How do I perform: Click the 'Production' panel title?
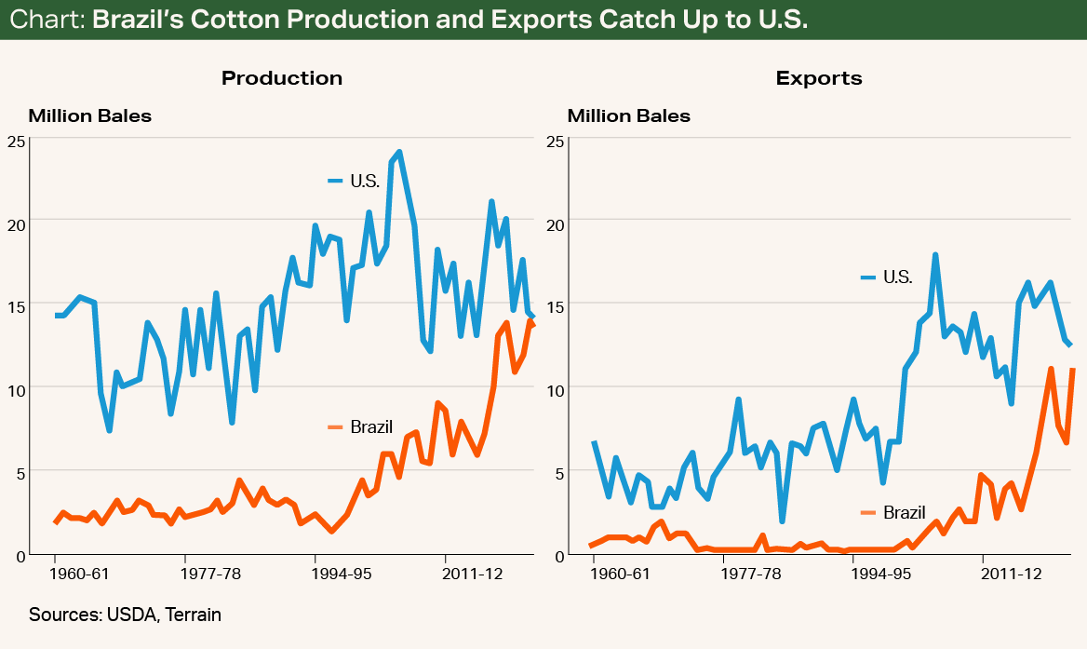pyautogui.click(x=281, y=78)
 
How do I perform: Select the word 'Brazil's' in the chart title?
pyautogui.click(x=144, y=20)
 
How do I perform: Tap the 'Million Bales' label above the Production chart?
pyautogui.click(x=89, y=116)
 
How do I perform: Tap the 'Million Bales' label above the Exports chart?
pyautogui.click(x=629, y=116)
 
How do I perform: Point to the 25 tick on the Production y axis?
pyautogui.click(x=15, y=141)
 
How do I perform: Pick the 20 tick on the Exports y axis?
pyautogui.click(x=554, y=223)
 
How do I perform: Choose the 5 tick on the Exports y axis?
pyautogui.click(x=558, y=472)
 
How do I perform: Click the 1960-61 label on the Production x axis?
pyautogui.click(x=79, y=574)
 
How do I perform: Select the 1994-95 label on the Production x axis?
pyautogui.click(x=342, y=574)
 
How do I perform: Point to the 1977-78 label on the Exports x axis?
pyautogui.click(x=750, y=574)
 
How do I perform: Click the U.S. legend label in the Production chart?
pyautogui.click(x=365, y=181)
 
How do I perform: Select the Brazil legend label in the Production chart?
pyautogui.click(x=371, y=427)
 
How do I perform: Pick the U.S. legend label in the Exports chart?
pyautogui.click(x=897, y=277)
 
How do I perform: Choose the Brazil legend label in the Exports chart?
pyautogui.click(x=904, y=512)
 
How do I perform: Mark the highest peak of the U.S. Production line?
pyautogui.click(x=398, y=152)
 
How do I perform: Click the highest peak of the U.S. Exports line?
pyautogui.click(x=935, y=254)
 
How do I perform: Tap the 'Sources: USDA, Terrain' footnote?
pyautogui.click(x=125, y=615)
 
